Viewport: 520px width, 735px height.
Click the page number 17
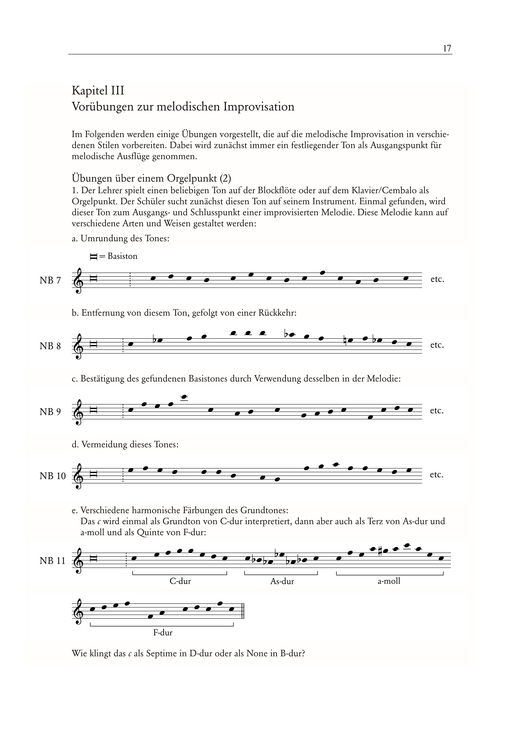coord(447,48)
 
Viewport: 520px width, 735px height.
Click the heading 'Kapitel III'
coord(98,91)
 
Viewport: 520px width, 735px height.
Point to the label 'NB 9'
coord(50,412)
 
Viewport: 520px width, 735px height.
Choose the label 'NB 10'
coord(53,476)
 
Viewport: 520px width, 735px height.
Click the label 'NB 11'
coord(53,561)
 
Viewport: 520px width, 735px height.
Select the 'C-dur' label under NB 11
coord(180,581)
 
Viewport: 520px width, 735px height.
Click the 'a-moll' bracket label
coord(389,581)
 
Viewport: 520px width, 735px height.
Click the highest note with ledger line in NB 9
coord(184,397)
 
